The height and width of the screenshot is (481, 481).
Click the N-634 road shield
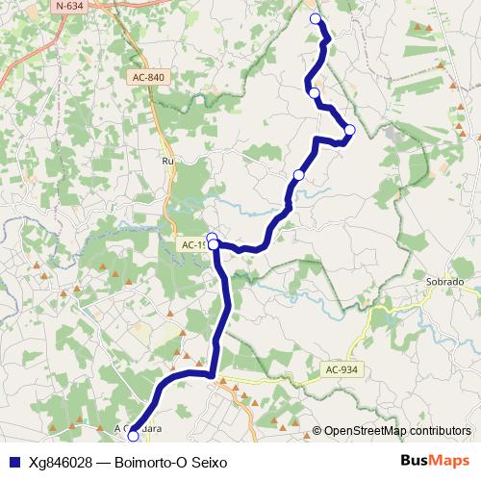tap(68, 6)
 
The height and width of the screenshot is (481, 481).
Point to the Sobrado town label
tap(444, 283)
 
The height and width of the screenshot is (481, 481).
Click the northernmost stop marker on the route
tap(316, 19)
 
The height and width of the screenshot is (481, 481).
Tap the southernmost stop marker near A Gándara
tap(133, 436)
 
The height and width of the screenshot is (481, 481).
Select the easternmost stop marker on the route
tap(350, 130)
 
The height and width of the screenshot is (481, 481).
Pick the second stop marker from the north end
tap(315, 92)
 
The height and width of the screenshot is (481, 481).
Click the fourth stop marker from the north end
tap(299, 174)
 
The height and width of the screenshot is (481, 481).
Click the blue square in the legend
tap(13, 461)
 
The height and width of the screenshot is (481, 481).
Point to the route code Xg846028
tap(62, 461)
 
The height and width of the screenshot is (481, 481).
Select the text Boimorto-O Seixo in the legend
tap(170, 461)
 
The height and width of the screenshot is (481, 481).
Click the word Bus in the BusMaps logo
tap(415, 461)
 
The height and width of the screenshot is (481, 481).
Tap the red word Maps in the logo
tap(450, 461)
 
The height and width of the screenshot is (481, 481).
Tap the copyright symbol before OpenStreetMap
tap(317, 430)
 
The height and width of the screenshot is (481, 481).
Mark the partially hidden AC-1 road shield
tap(193, 245)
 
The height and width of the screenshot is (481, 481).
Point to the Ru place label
tap(167, 162)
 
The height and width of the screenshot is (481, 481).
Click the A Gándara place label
tap(138, 427)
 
